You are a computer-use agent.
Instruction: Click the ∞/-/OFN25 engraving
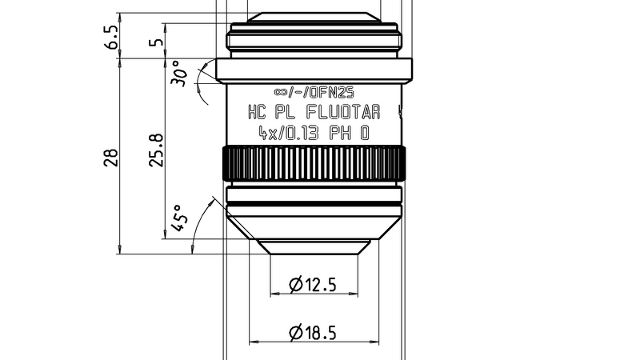tap(314, 91)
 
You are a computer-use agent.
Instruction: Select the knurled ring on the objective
tap(314, 164)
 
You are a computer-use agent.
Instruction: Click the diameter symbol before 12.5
tap(294, 283)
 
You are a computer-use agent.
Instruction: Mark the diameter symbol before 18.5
tap(294, 331)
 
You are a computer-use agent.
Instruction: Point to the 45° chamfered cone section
tap(314, 226)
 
